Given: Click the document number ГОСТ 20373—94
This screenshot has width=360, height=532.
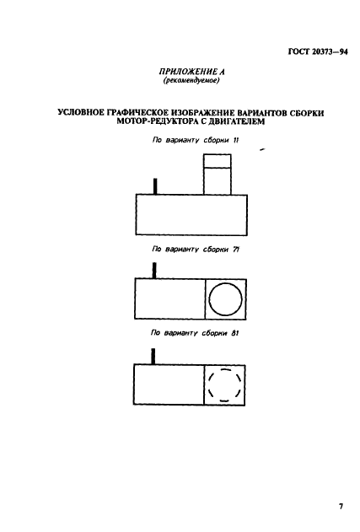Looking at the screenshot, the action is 318,52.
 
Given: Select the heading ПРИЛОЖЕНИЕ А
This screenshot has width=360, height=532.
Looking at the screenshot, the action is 191,72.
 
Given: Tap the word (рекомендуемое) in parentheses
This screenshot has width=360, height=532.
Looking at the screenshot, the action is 191,81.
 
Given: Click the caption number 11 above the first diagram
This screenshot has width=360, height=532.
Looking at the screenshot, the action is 236,140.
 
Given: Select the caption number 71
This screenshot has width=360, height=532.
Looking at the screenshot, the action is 236,250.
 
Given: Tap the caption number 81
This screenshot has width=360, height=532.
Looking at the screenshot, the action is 234,333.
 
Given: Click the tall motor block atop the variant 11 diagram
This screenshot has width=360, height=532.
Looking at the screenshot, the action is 218,175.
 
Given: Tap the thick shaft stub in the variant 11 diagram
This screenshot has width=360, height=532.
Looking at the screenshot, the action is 155,186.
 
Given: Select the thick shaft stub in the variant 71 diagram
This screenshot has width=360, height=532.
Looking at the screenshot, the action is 154,271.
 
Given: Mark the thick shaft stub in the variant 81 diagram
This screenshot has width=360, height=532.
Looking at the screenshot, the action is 153,357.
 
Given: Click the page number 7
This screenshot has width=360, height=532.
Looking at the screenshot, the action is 341,507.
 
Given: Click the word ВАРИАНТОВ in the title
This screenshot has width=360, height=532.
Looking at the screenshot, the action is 261,113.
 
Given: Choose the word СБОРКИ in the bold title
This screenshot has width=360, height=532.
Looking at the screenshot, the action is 307,113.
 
